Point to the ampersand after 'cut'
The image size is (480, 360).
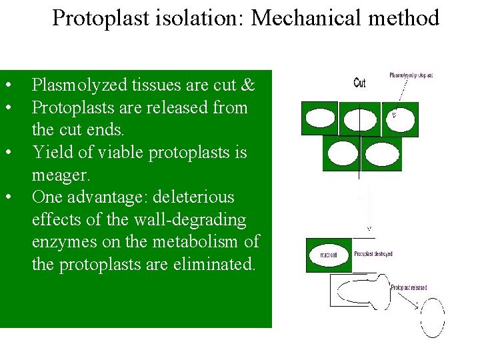pos(248,85)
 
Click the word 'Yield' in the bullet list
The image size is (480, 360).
pos(51,153)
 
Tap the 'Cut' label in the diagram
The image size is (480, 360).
pos(359,83)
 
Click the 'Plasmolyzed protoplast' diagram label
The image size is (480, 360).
pos(411,75)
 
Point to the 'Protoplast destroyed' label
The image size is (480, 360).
pos(373,254)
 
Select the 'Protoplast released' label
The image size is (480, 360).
pos(409,287)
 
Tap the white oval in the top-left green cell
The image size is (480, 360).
pos(320,119)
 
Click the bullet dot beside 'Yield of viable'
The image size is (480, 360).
pos(6,153)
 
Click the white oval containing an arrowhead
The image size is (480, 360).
pos(400,119)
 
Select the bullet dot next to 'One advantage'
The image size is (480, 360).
pos(6,197)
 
